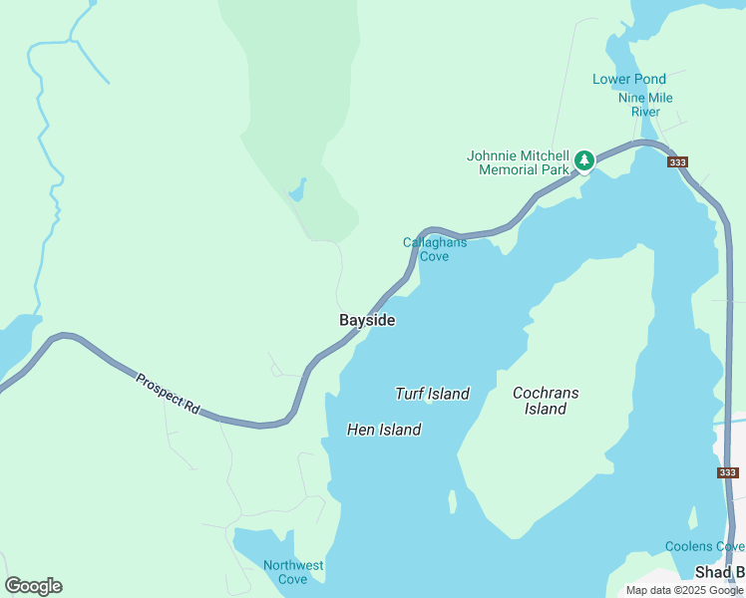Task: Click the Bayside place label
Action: pyautogui.click(x=367, y=320)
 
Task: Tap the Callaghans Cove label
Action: pyautogui.click(x=434, y=249)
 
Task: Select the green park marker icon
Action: pyautogui.click(x=583, y=159)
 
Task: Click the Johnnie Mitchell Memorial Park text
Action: pyautogui.click(x=518, y=162)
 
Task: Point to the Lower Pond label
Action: pyautogui.click(x=628, y=79)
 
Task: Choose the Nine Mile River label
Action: pyautogui.click(x=645, y=105)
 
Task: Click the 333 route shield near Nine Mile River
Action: pyautogui.click(x=678, y=162)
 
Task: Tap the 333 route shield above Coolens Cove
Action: pyautogui.click(x=727, y=472)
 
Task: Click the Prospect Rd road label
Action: pyautogui.click(x=168, y=393)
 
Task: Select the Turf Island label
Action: pyautogui.click(x=432, y=394)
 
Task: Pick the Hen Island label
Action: pyautogui.click(x=384, y=430)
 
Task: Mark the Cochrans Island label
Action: pyautogui.click(x=546, y=401)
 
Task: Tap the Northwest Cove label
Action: pyautogui.click(x=293, y=572)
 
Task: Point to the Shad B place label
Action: pyautogui.click(x=719, y=572)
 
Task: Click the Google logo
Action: pyautogui.click(x=33, y=586)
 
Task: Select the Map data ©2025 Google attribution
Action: pyautogui.click(x=684, y=590)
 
